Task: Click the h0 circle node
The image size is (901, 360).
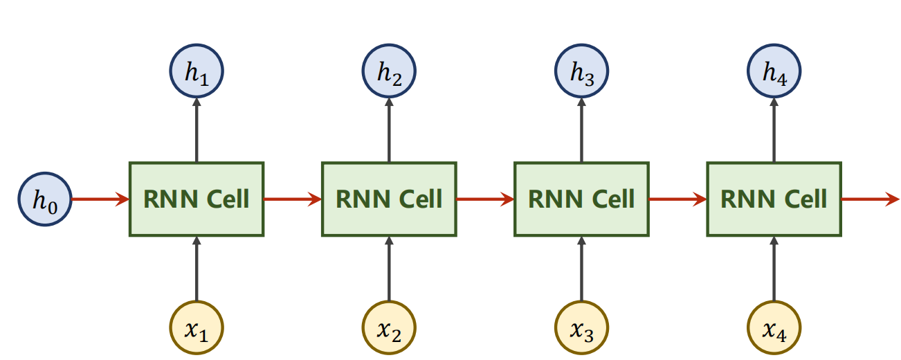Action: pyautogui.click(x=45, y=199)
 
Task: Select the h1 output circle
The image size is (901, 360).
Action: pyautogui.click(x=197, y=72)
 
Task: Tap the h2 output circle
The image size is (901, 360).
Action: pyautogui.click(x=389, y=72)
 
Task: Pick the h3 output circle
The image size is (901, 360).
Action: pyautogui.click(x=581, y=72)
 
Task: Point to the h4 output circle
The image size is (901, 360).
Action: pyautogui.click(x=774, y=72)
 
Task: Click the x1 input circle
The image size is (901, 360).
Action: pyautogui.click(x=197, y=329)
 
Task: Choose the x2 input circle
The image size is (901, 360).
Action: pyautogui.click(x=389, y=329)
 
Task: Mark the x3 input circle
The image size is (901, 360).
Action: pyautogui.click(x=581, y=329)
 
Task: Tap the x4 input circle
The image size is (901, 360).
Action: pyautogui.click(x=774, y=329)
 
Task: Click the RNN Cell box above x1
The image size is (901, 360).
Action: pyautogui.click(x=197, y=199)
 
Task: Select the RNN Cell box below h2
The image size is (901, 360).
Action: pyautogui.click(x=389, y=199)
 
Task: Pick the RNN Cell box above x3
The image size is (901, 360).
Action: pyautogui.click(x=581, y=199)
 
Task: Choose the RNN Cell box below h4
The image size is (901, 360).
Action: pyautogui.click(x=774, y=199)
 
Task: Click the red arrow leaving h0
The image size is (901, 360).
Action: pyautogui.click(x=100, y=199)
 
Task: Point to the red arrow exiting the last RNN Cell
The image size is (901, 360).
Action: pyautogui.click(x=869, y=199)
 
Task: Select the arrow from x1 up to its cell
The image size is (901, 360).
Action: pyautogui.click(x=197, y=270)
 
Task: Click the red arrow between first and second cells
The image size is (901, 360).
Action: pyautogui.click(x=293, y=199)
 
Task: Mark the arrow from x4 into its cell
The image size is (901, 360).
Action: pyautogui.click(x=774, y=270)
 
